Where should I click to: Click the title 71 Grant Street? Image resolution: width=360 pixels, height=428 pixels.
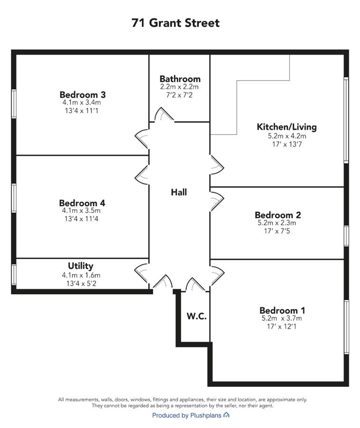pyautogui.click(x=175, y=23)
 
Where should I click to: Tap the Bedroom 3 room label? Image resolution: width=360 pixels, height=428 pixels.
pyautogui.click(x=82, y=95)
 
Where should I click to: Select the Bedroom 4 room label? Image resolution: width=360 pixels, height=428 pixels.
pyautogui.click(x=82, y=203)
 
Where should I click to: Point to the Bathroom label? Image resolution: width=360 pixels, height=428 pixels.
pyautogui.click(x=180, y=79)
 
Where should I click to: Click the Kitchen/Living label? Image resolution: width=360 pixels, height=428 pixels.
pyautogui.click(x=287, y=127)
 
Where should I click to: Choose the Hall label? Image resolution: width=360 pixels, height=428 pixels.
pyautogui.click(x=179, y=192)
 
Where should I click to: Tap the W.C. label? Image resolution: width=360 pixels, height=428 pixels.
pyautogui.click(x=196, y=316)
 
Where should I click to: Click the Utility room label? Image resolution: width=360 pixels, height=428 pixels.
pyautogui.click(x=80, y=266)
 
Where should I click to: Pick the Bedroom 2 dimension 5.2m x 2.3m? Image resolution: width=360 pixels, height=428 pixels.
pyautogui.click(x=277, y=223)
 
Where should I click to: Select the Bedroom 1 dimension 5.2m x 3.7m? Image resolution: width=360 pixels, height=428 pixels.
pyautogui.click(x=282, y=318)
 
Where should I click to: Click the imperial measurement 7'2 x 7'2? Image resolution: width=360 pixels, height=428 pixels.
pyautogui.click(x=179, y=95)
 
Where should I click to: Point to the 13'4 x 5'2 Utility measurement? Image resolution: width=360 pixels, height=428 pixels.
pyautogui.click(x=81, y=283)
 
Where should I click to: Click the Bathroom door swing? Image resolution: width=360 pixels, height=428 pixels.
pyautogui.click(x=164, y=114)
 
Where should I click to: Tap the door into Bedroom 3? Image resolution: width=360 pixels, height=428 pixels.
pyautogui.click(x=142, y=139)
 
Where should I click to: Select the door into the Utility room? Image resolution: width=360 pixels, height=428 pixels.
pyautogui.click(x=142, y=273)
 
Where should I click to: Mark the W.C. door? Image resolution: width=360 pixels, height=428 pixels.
pyautogui.click(x=195, y=284)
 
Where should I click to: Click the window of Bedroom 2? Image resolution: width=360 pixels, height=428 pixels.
pyautogui.click(x=346, y=235)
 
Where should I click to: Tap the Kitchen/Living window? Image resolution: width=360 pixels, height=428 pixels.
pyautogui.click(x=346, y=120)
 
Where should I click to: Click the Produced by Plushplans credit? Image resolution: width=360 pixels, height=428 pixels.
pyautogui.click(x=191, y=416)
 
